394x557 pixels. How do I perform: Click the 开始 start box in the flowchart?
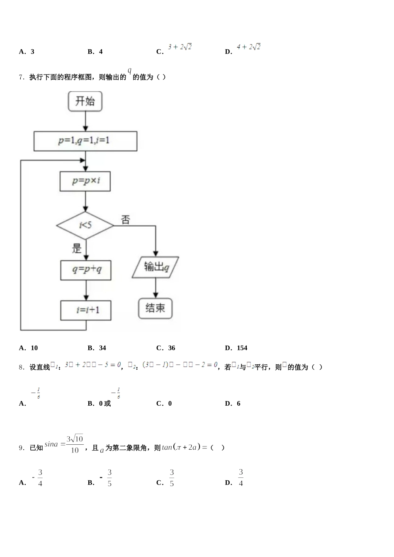pyautogui.click(x=85, y=102)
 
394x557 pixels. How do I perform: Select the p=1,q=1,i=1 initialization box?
pyautogui.click(x=85, y=141)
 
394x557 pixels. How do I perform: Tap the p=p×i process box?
pyautogui.click(x=85, y=181)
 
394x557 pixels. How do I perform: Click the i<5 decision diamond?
pyautogui.click(x=85, y=225)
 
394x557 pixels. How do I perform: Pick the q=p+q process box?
pyautogui.click(x=86, y=270)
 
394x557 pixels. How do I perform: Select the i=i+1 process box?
pyautogui.click(x=86, y=310)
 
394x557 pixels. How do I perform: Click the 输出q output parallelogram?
pyautogui.click(x=156, y=267)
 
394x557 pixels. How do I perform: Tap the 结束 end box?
pyautogui.click(x=155, y=308)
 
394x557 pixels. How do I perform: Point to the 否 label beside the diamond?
pyautogui.click(x=126, y=220)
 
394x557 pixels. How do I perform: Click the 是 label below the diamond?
pyautogui.click(x=77, y=249)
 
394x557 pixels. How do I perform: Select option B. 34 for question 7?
pyautogui.click(x=97, y=348)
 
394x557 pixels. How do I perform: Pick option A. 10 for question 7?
pyautogui.click(x=29, y=348)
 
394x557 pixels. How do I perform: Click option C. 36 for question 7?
pyautogui.click(x=166, y=348)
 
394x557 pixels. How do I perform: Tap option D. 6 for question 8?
pyautogui.click(x=233, y=404)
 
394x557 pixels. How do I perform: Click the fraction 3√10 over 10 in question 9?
pyautogui.click(x=75, y=444)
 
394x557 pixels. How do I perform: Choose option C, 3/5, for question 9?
pyautogui.click(x=171, y=478)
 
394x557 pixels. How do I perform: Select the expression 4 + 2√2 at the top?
pyautogui.click(x=248, y=47)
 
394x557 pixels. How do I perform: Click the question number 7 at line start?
pyautogui.click(x=22, y=77)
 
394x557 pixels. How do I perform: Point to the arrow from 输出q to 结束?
pyautogui.click(x=156, y=287)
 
